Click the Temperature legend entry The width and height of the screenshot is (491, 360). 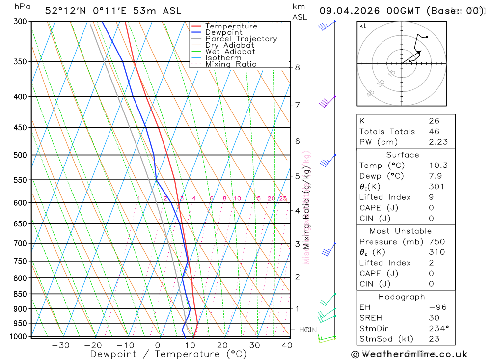point(231,26)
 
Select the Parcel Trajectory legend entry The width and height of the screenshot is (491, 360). point(241,39)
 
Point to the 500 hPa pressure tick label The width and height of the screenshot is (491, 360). point(20,155)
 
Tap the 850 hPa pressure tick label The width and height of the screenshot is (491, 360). point(20,294)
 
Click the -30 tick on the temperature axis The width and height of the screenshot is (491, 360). point(60,345)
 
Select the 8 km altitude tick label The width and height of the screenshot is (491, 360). point(297,67)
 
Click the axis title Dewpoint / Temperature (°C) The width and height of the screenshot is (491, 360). point(168,354)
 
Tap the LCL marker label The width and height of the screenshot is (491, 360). point(307,330)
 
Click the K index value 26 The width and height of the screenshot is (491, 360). point(434,121)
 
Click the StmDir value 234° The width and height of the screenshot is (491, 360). point(436,328)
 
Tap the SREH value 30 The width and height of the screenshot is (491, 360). point(433,318)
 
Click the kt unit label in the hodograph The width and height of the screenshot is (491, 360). point(363,26)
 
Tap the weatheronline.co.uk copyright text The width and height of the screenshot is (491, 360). point(409,354)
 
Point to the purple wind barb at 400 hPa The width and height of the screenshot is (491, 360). point(325,103)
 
